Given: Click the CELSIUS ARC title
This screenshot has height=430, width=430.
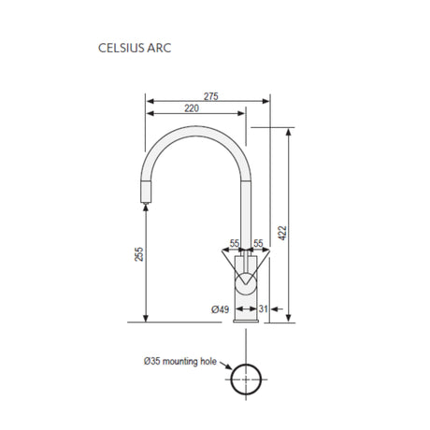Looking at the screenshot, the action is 135,48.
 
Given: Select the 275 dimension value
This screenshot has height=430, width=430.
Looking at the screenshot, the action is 211,96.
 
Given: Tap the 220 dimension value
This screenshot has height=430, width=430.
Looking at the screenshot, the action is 192,108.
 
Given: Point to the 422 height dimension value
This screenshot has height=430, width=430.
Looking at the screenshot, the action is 282,233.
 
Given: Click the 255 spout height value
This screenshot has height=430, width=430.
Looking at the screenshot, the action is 139,254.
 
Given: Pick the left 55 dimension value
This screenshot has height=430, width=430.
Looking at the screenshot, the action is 235,243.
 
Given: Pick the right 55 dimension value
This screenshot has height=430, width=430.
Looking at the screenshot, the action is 258,243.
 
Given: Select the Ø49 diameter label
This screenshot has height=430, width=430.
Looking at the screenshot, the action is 220,309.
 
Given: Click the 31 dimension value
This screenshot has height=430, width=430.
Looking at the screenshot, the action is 263,308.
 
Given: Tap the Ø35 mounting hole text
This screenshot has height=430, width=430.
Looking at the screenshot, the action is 180,362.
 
